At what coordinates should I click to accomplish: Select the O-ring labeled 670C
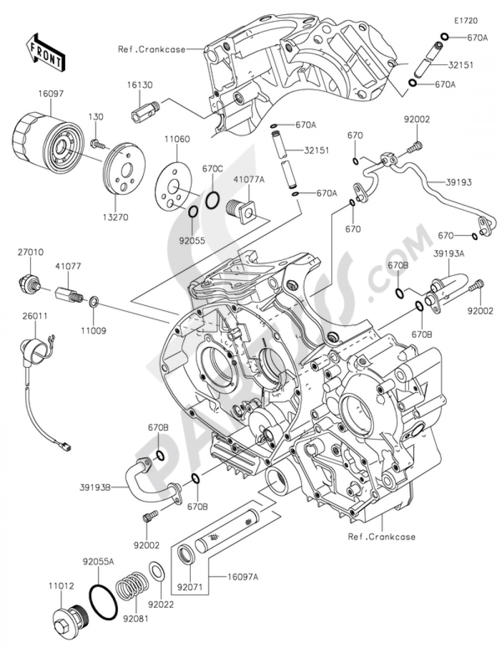[213, 199]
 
